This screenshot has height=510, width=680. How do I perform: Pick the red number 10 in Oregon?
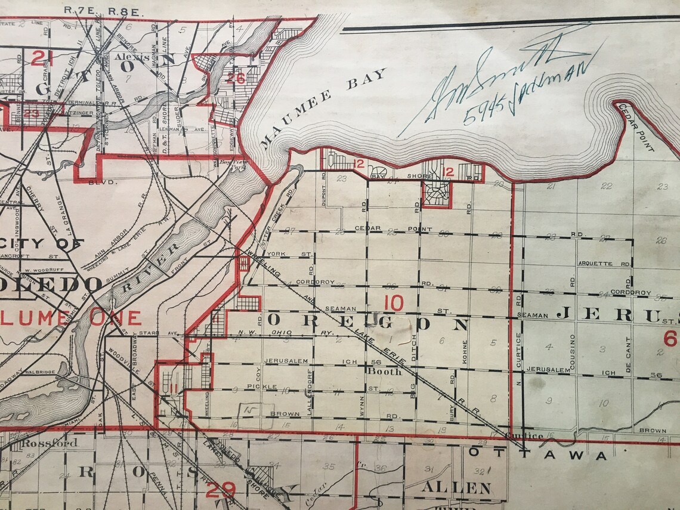click(394, 303)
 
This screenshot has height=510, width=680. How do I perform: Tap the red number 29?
click(220, 490)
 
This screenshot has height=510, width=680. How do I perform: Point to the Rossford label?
click(49, 443)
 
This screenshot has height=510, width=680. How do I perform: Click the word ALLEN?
click(457, 488)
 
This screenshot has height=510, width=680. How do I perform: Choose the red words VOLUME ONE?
click(72, 318)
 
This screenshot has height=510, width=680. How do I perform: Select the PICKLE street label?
click(262, 387)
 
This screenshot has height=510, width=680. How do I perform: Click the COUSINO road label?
click(573, 352)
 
